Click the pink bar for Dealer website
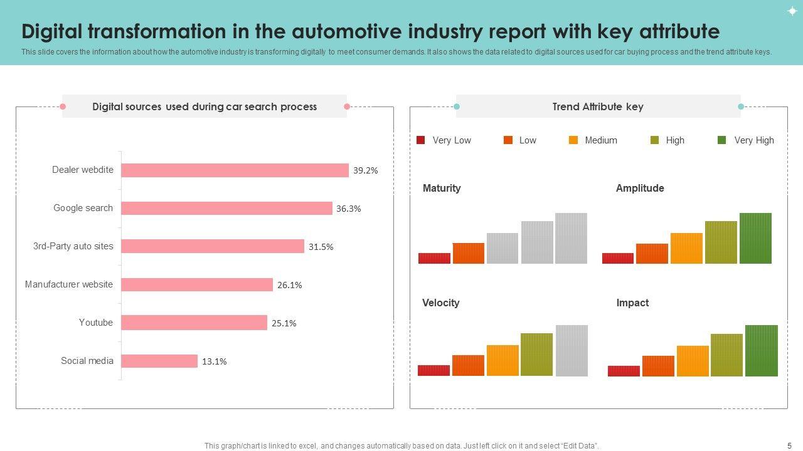click(x=235, y=170)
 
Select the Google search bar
click(x=226, y=209)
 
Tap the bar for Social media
click(x=159, y=361)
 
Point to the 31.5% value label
click(x=321, y=247)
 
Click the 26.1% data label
click(x=289, y=285)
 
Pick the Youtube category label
click(x=96, y=323)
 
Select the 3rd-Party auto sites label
click(x=73, y=246)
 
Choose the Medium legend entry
click(x=593, y=140)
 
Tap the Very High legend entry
click(x=747, y=140)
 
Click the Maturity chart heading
click(x=442, y=188)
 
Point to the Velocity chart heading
click(x=441, y=303)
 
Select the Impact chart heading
click(x=632, y=303)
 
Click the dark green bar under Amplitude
click(x=755, y=238)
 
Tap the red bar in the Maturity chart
click(x=434, y=258)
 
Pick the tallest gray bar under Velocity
click(x=572, y=350)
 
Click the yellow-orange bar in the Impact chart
click(x=693, y=361)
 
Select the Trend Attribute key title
click(x=598, y=106)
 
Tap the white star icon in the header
click(x=792, y=11)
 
